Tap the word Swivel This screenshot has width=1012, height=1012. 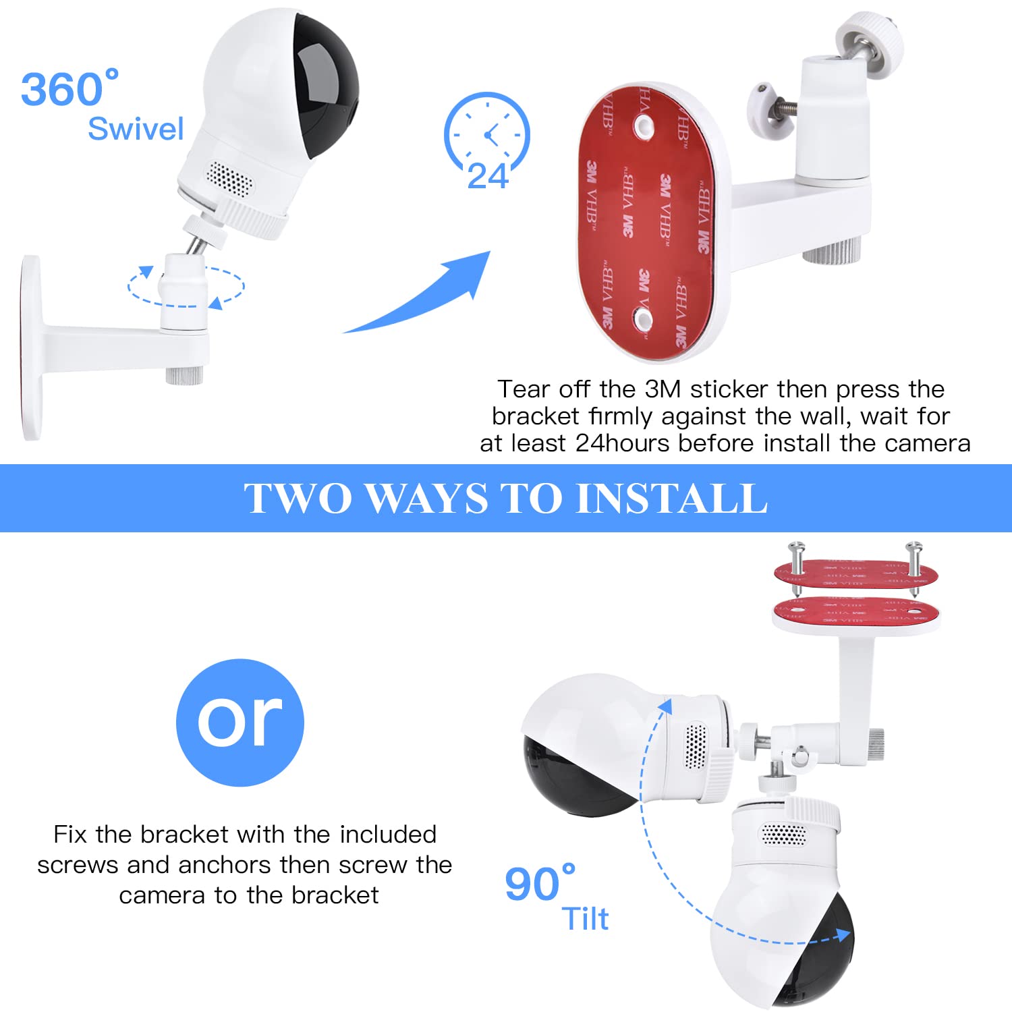point(136,129)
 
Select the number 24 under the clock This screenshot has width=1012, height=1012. point(488,177)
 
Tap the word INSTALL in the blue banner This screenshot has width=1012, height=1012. point(672,499)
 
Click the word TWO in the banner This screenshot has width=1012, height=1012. point(298,499)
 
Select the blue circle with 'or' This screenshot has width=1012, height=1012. point(240,723)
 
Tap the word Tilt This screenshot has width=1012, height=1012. point(585,919)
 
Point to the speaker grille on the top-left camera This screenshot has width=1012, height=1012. point(229,178)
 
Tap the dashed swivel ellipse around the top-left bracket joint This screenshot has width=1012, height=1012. point(186,306)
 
